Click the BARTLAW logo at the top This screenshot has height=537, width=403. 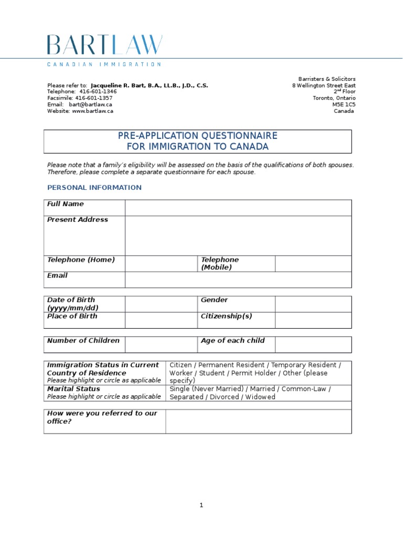104,46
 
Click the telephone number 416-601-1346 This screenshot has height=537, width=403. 98,91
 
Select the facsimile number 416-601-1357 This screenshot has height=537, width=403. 94,98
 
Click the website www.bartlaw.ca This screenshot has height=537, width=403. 93,111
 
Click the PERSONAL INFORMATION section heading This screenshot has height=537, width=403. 94,188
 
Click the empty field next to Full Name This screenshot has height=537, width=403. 238,208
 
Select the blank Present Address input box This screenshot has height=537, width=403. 238,235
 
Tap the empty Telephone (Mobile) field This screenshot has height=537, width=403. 313,264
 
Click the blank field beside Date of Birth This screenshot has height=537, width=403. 161,304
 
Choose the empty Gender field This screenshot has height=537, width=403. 313,304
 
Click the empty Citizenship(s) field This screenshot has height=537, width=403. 313,320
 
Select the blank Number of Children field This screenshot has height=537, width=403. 161,345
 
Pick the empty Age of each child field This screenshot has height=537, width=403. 313,345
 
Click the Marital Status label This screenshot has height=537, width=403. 73,389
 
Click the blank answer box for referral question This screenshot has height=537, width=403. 258,421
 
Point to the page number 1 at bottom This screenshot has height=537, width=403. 201,506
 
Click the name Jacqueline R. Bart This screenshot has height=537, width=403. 121,85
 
